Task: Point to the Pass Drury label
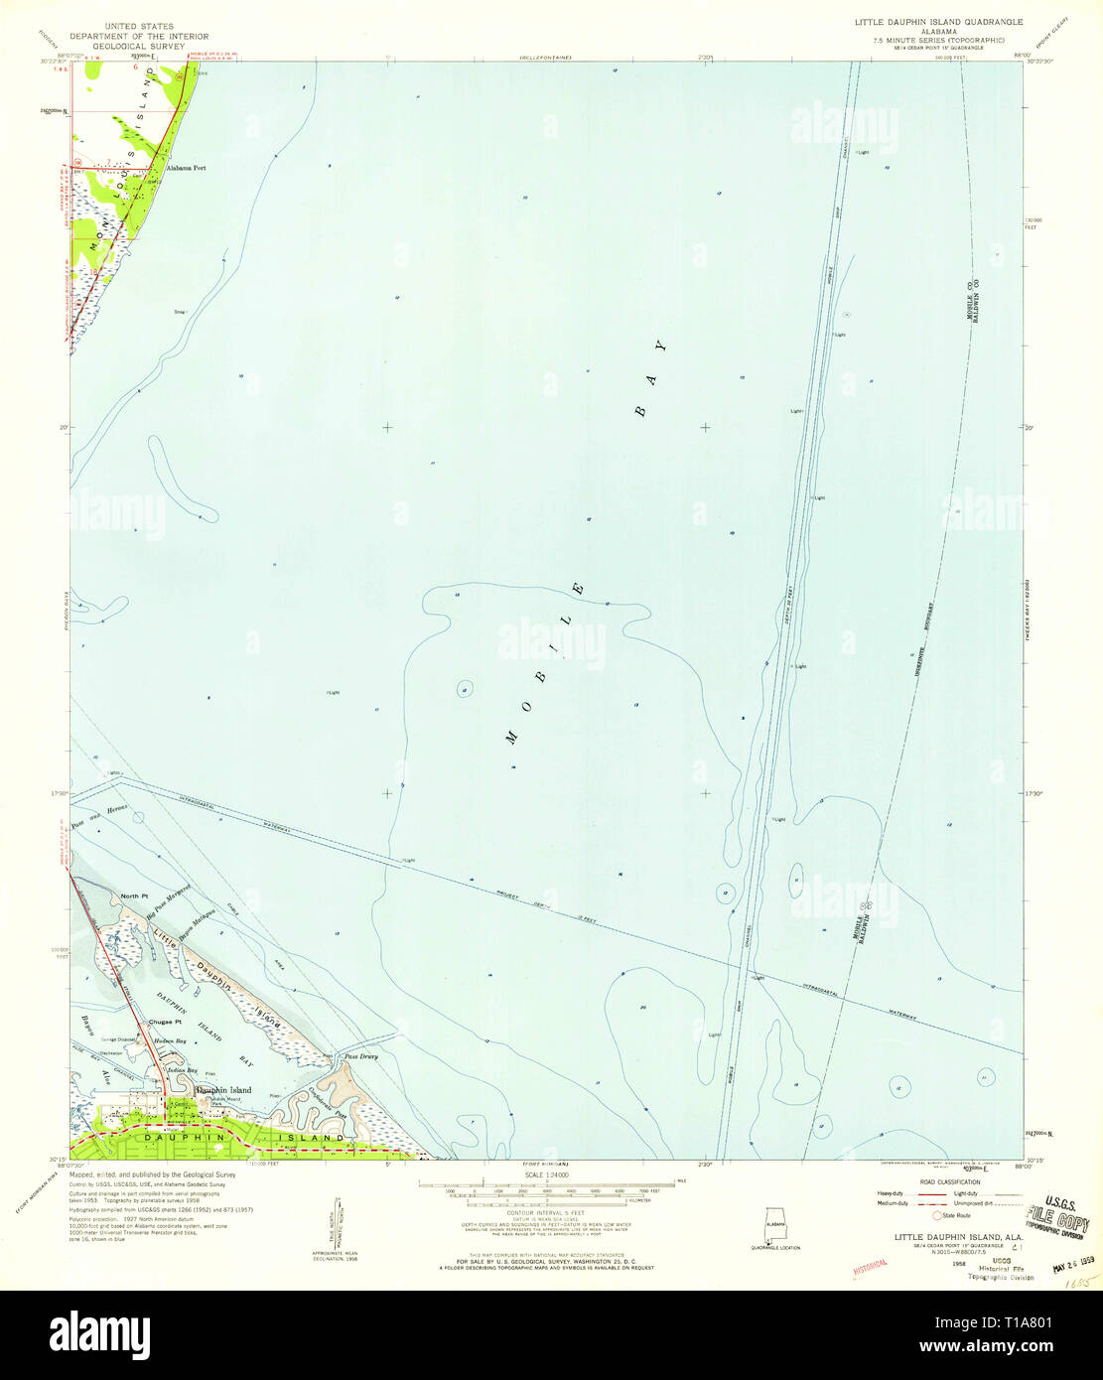click(x=359, y=1057)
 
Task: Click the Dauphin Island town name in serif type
click(x=222, y=1090)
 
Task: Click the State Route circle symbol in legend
click(x=933, y=1215)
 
